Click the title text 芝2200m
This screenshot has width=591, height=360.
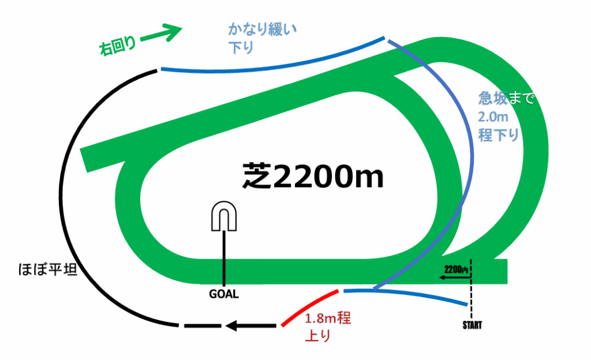pyautogui.click(x=312, y=176)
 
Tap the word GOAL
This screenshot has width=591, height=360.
pyautogui.click(x=224, y=294)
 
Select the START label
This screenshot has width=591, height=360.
pyautogui.click(x=472, y=325)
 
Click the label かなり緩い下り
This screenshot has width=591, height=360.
pyautogui.click(x=261, y=39)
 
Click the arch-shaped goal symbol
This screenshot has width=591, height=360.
pyautogui.click(x=224, y=216)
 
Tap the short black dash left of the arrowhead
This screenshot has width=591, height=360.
pyautogui.click(x=202, y=327)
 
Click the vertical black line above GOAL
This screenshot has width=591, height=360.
pyautogui.click(x=224, y=257)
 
